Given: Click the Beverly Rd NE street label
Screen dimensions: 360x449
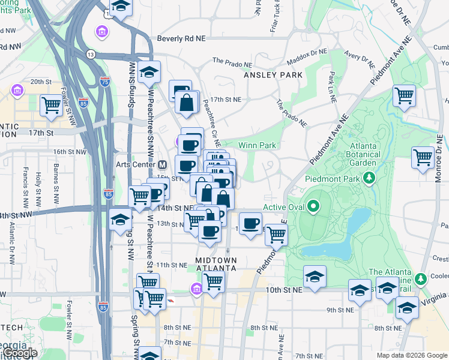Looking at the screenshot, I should click(181, 38).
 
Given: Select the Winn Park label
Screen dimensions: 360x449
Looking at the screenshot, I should click(257, 145).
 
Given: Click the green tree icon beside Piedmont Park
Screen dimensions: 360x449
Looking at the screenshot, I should click(371, 178).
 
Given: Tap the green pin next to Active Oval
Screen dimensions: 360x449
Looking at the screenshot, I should click(313, 208).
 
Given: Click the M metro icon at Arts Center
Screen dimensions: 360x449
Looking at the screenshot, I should click(161, 164).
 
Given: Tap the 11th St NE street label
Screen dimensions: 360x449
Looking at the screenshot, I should click(172, 265).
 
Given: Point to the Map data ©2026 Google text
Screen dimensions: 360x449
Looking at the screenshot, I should click(411, 355).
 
